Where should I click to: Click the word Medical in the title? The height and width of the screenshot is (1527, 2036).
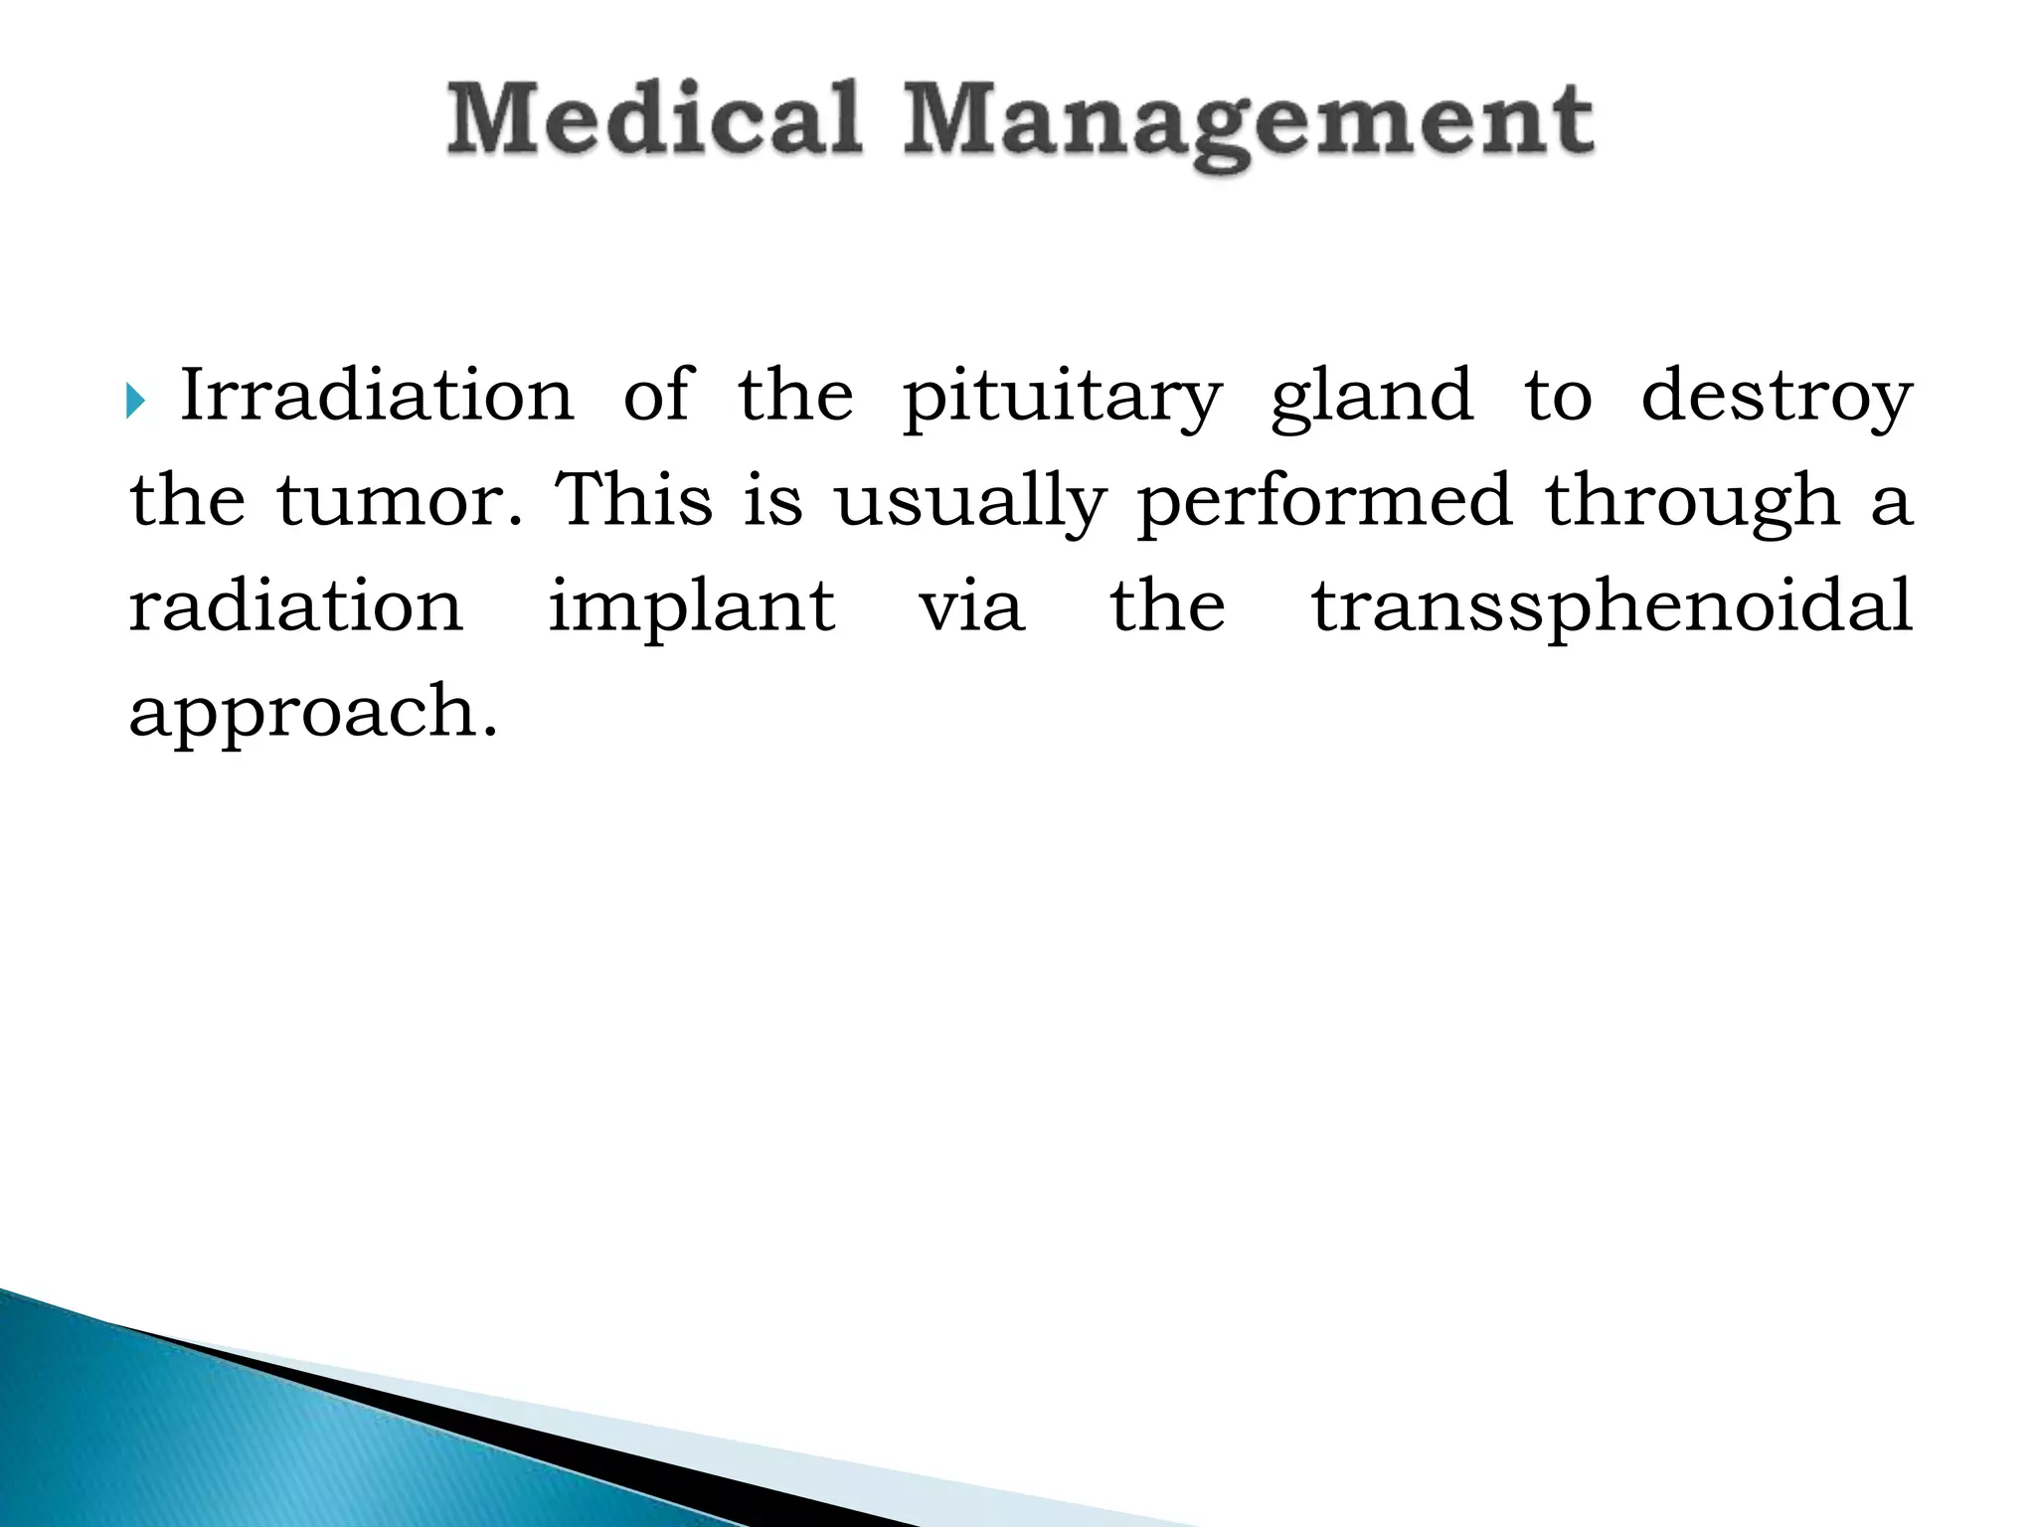(653, 119)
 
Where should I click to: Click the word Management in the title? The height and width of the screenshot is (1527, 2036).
(1248, 124)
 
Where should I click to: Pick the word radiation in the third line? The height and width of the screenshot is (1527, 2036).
(296, 606)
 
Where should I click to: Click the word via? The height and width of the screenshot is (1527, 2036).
(970, 606)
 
